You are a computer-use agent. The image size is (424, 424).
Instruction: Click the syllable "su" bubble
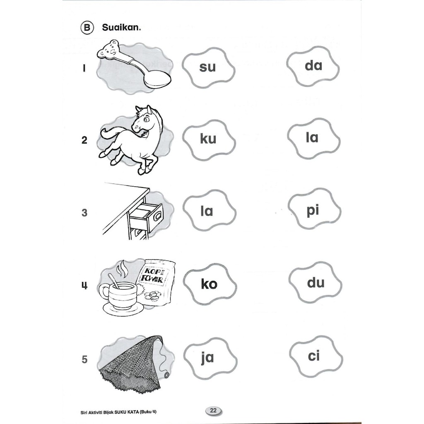click(208, 67)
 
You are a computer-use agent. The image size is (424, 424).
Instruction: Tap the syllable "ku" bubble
click(208, 139)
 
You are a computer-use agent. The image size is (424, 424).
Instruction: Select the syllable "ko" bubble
click(209, 284)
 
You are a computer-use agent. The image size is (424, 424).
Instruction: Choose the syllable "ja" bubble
click(207, 357)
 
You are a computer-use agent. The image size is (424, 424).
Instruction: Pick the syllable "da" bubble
click(313, 65)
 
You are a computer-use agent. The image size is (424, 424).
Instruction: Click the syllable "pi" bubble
click(313, 210)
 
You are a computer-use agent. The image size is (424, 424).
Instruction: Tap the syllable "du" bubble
click(316, 283)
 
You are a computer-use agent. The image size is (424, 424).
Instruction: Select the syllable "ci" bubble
click(314, 356)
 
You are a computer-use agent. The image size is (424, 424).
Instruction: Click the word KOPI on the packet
click(153, 271)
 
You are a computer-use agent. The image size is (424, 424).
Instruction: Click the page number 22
click(213, 411)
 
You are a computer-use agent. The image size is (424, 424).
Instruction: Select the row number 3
click(84, 213)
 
